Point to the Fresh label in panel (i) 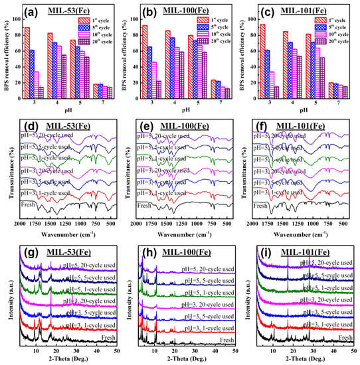(x=345, y=338)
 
